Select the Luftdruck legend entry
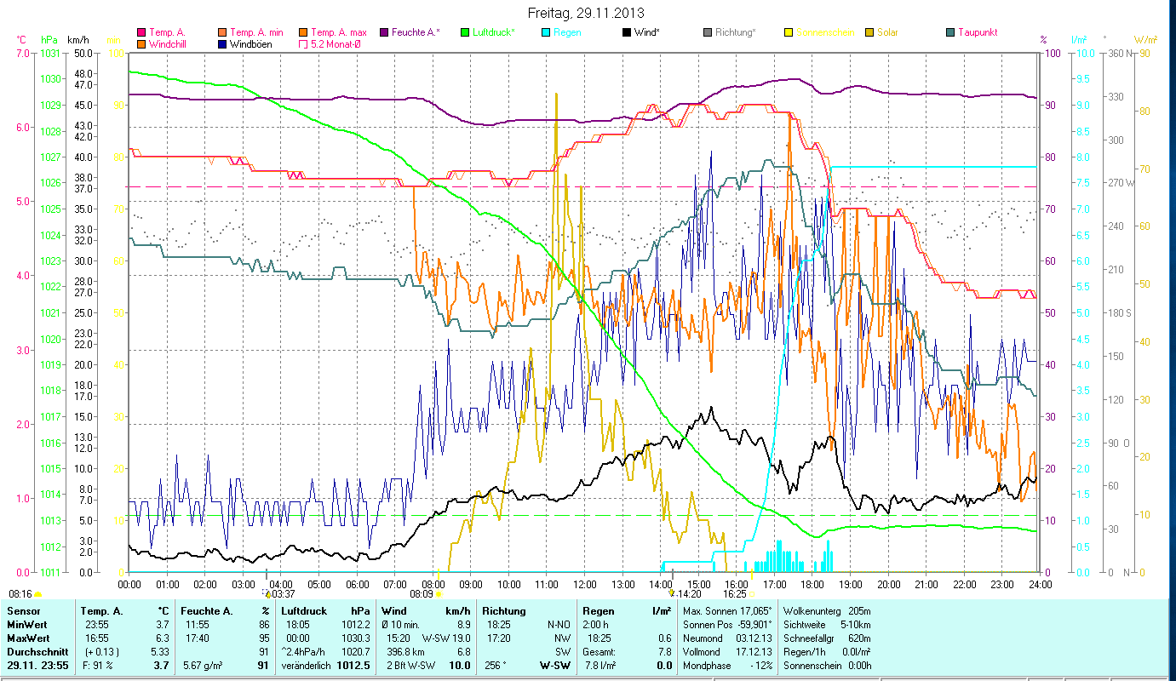pyautogui.click(x=494, y=32)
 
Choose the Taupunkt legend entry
pyautogui.click(x=977, y=32)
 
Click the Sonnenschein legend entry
pyautogui.click(x=831, y=32)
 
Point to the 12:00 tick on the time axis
pyautogui.click(x=585, y=585)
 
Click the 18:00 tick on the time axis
pyautogui.click(x=812, y=585)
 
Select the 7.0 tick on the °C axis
pyautogui.click(x=22, y=53)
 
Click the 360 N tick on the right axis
pyautogui.click(x=1118, y=53)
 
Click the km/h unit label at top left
pyautogui.click(x=77, y=39)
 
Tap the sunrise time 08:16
pyautogui.click(x=20, y=593)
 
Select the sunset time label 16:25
pyautogui.click(x=734, y=593)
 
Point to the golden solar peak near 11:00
pyautogui.click(x=556, y=95)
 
